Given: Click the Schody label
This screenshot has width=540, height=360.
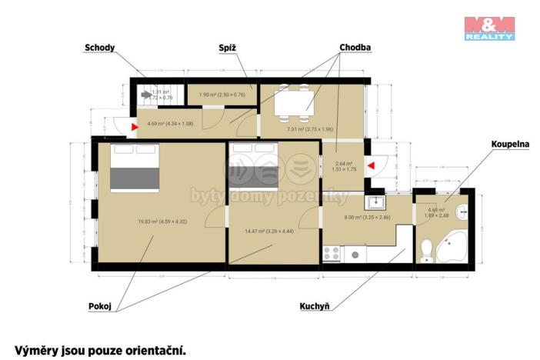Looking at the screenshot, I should [x=100, y=48].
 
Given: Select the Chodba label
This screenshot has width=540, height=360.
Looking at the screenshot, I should [x=355, y=48].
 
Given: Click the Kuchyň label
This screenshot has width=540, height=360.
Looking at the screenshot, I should [x=315, y=306].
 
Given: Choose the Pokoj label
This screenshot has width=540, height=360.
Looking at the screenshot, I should [x=100, y=306].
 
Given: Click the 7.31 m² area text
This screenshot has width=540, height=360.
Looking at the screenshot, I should [x=309, y=129].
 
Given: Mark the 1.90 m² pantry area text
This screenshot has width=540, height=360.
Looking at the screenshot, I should [x=222, y=95].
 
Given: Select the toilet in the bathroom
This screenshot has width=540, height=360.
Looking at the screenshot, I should [x=427, y=248].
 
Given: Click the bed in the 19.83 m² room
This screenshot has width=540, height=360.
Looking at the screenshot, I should [x=135, y=167].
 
